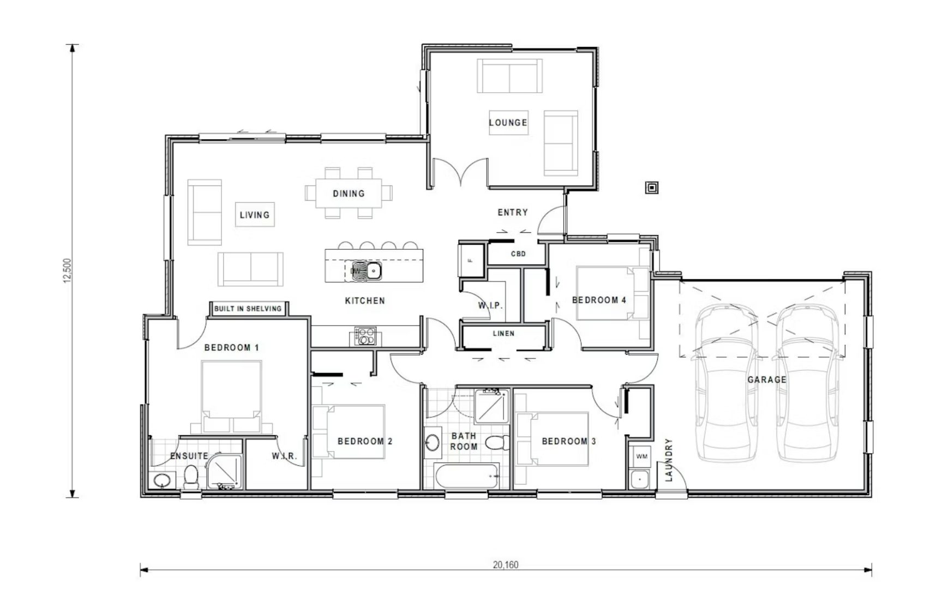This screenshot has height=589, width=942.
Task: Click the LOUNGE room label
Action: click(x=508, y=123)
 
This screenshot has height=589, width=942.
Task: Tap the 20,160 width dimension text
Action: click(x=506, y=565)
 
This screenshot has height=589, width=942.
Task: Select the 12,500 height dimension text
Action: click(x=68, y=271)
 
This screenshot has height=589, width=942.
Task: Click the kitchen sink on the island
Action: click(x=373, y=271)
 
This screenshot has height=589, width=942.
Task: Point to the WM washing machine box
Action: click(x=641, y=456)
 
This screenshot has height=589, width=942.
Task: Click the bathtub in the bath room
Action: click(x=467, y=477)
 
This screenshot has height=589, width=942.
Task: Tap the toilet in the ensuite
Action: click(x=191, y=477)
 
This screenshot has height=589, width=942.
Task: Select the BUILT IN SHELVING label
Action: click(x=248, y=309)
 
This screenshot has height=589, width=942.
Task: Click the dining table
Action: click(x=349, y=194)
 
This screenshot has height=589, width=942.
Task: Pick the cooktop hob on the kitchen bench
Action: click(x=365, y=336)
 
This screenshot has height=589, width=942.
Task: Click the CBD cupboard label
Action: click(x=518, y=254)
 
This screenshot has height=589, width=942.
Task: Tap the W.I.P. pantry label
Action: click(x=490, y=305)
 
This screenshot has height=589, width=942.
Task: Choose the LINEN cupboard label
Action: click(x=503, y=333)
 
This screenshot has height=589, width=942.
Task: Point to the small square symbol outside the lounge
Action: click(x=652, y=188)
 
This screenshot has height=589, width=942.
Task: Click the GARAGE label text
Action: click(x=766, y=380)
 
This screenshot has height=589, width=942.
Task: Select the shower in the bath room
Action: click(x=491, y=407)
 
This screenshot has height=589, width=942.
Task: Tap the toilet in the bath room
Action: click(x=496, y=443)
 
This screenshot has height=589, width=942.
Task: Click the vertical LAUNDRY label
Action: click(x=669, y=460)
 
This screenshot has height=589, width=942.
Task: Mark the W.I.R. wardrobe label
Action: click(x=284, y=456)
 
